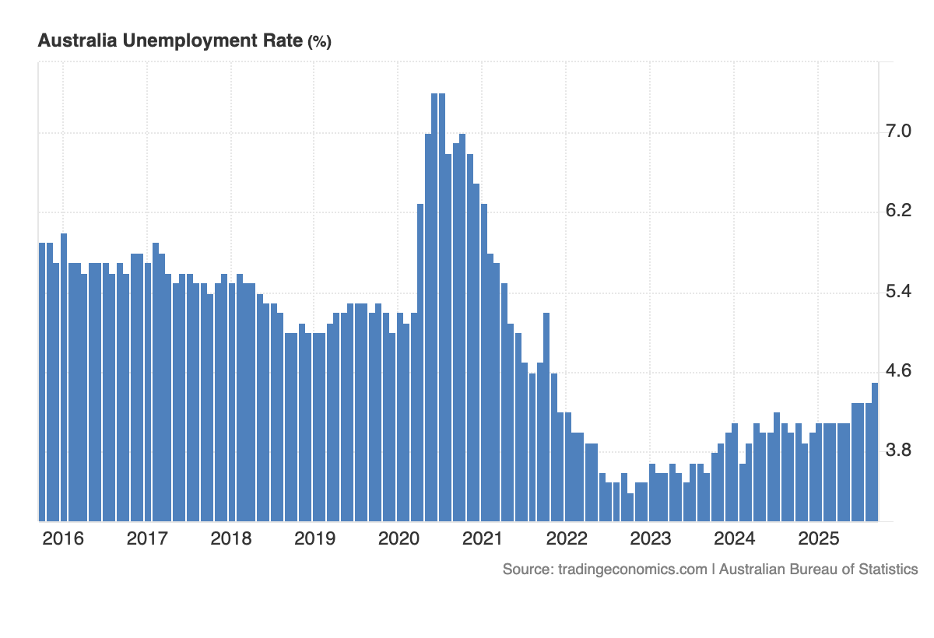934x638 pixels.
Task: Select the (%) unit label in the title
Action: (x=319, y=42)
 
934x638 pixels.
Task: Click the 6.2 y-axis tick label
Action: (x=899, y=211)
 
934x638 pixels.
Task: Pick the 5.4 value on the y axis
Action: (x=899, y=291)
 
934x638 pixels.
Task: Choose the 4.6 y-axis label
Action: (x=899, y=371)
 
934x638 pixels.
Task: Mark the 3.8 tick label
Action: (x=899, y=451)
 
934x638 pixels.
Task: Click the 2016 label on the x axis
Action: (x=63, y=538)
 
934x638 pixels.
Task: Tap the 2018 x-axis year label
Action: (x=231, y=538)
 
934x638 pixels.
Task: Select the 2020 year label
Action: (x=399, y=538)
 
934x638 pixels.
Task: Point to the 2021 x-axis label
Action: (x=483, y=538)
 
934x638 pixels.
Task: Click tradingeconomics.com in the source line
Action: (x=633, y=570)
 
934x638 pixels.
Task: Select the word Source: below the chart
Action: (x=528, y=570)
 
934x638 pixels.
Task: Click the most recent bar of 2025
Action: (x=875, y=451)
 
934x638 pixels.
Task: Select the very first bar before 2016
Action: (x=42, y=381)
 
